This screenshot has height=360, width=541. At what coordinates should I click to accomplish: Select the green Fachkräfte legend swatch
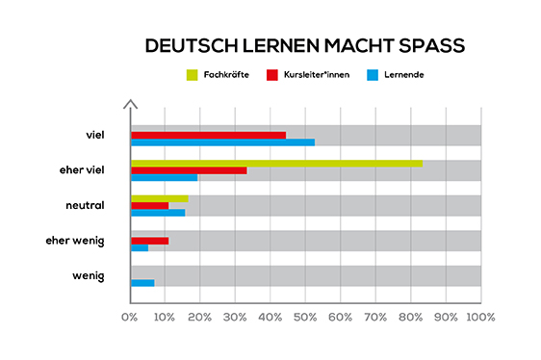tap(191, 74)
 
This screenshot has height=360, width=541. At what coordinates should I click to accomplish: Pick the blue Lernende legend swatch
tap(373, 74)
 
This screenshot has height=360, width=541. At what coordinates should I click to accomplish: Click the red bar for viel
tap(209, 135)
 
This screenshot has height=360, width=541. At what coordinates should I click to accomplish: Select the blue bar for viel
tap(223, 142)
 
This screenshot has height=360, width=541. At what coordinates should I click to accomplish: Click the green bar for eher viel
tap(277, 163)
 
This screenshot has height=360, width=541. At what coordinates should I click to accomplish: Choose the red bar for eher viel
tap(189, 170)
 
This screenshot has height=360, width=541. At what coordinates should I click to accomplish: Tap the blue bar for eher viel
tap(165, 178)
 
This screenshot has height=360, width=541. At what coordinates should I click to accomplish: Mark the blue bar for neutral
tap(158, 213)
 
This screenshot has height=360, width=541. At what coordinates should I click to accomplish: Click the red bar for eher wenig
tap(150, 241)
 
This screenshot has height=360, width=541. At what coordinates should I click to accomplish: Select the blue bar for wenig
tap(142, 283)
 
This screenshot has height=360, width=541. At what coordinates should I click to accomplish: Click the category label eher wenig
tap(74, 240)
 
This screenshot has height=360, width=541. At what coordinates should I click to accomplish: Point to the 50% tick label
tap(305, 317)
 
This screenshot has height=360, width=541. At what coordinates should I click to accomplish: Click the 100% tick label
tap(479, 317)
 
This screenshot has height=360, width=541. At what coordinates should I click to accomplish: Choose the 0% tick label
tap(131, 317)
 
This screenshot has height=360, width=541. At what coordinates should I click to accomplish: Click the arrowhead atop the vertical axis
tap(131, 103)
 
